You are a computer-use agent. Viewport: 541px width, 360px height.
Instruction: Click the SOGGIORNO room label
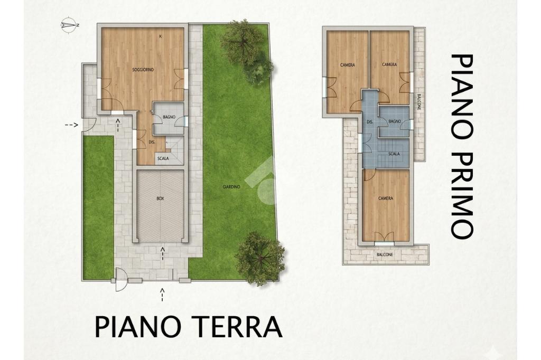[143, 70]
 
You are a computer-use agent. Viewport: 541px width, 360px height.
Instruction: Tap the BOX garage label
[160, 198]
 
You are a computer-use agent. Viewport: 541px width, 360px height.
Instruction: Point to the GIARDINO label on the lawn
[231, 187]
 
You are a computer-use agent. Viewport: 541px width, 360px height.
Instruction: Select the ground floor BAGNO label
[169, 117]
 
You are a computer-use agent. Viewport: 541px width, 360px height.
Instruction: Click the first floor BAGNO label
[394, 121]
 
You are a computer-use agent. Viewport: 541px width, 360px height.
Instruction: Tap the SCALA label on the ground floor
[163, 158]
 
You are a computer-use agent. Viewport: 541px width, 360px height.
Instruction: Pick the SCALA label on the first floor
[394, 154]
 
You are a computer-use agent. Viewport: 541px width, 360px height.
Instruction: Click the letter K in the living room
[161, 36]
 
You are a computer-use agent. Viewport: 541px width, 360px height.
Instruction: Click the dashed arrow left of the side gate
[72, 125]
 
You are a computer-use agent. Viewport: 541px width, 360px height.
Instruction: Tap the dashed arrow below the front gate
[162, 295]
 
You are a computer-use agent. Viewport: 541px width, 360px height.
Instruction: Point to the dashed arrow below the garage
[163, 253]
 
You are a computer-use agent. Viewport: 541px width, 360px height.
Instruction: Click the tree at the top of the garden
[247, 51]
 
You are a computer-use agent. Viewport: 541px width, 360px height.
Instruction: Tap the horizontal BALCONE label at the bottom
[385, 255]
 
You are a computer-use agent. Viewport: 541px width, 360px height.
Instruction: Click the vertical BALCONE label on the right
[419, 102]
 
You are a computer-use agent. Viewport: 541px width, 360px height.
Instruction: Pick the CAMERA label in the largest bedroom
[385, 198]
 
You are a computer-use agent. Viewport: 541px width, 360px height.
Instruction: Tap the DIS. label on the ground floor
[152, 142]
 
